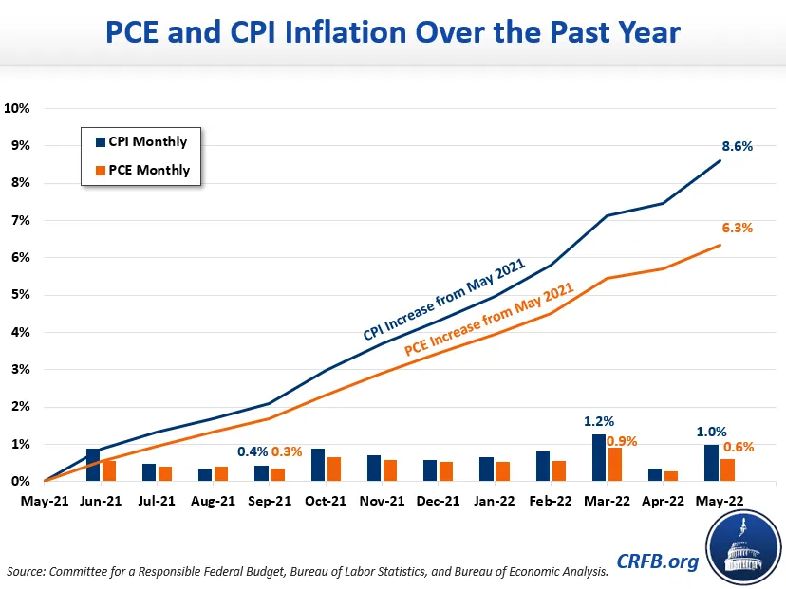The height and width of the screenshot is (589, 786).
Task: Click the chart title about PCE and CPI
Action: (392, 33)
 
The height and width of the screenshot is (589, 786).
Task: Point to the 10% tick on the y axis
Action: (17, 108)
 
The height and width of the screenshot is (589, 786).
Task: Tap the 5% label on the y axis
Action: (20, 295)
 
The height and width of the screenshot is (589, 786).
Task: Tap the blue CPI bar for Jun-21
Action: (93, 465)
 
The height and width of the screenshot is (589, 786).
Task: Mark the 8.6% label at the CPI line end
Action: (737, 147)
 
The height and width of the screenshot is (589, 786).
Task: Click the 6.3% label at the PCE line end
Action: (737, 229)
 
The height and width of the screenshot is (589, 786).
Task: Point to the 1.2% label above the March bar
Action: (598, 420)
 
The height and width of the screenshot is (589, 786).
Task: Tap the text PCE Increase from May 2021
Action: (490, 319)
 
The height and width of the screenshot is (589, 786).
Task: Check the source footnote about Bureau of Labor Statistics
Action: (308, 572)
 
